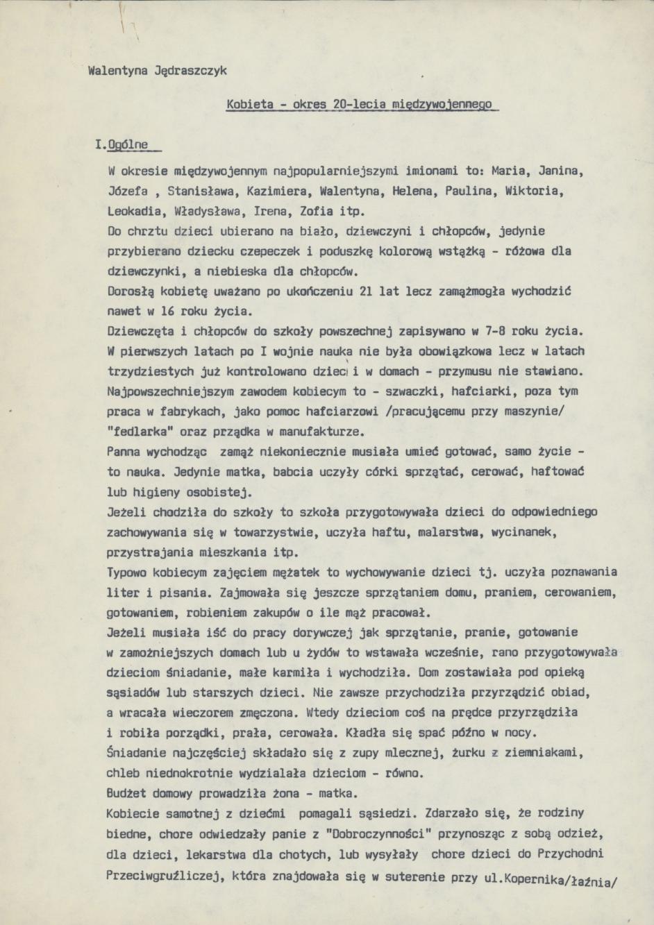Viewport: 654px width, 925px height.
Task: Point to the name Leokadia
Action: coord(131,211)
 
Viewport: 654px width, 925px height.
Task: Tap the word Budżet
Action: coord(126,793)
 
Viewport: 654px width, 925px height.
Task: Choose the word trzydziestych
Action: coord(146,371)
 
